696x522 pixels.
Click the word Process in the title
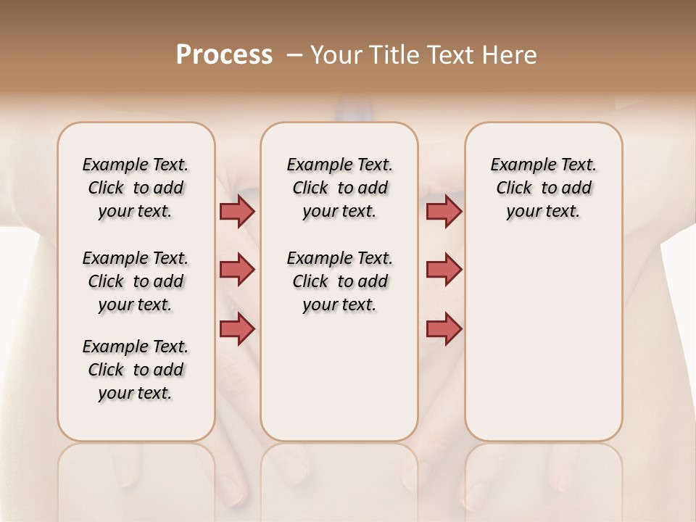[x=224, y=55]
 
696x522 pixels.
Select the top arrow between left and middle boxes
[x=237, y=211]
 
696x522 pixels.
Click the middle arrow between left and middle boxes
[x=237, y=270]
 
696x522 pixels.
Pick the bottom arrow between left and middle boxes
[x=237, y=328]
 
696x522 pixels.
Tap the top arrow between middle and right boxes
[x=444, y=211]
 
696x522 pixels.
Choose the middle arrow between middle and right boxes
[x=444, y=270]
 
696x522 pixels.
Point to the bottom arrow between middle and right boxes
[x=444, y=328]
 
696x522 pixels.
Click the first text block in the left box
[x=136, y=188]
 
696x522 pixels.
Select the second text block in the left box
[x=136, y=281]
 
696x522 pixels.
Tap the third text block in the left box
[x=136, y=370]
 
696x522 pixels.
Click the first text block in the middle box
[x=339, y=188]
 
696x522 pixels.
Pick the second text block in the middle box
[x=339, y=281]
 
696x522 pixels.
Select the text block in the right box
[x=543, y=188]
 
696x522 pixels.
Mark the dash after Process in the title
[x=294, y=55]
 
